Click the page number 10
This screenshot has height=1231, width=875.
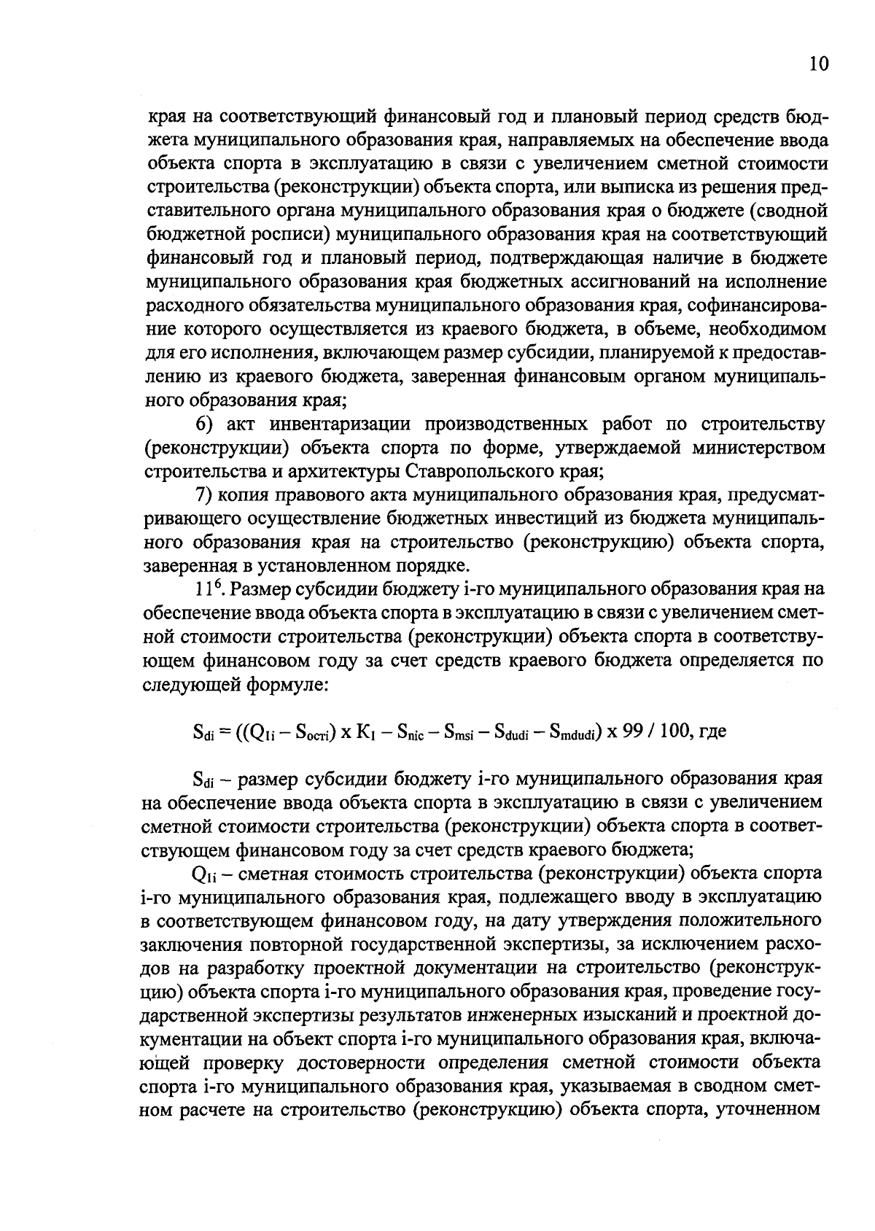pyautogui.click(x=818, y=65)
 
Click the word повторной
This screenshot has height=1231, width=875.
pyautogui.click(x=300, y=945)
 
